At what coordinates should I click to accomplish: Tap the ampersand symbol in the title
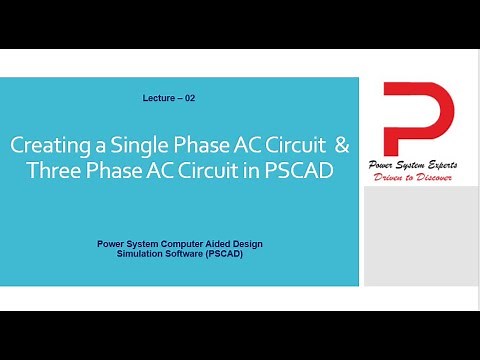point(343,145)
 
